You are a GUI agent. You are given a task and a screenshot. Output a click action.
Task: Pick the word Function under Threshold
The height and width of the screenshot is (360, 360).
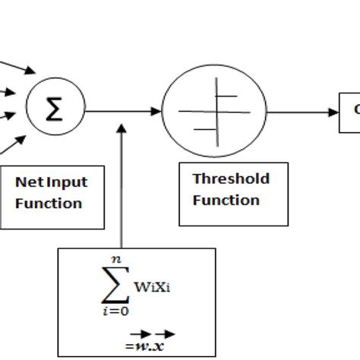tap(226, 200)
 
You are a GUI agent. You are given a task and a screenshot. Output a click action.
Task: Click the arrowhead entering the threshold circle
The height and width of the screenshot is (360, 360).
tap(156, 112)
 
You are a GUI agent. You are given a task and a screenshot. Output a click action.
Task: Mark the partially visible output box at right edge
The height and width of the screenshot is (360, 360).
tap(351, 112)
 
